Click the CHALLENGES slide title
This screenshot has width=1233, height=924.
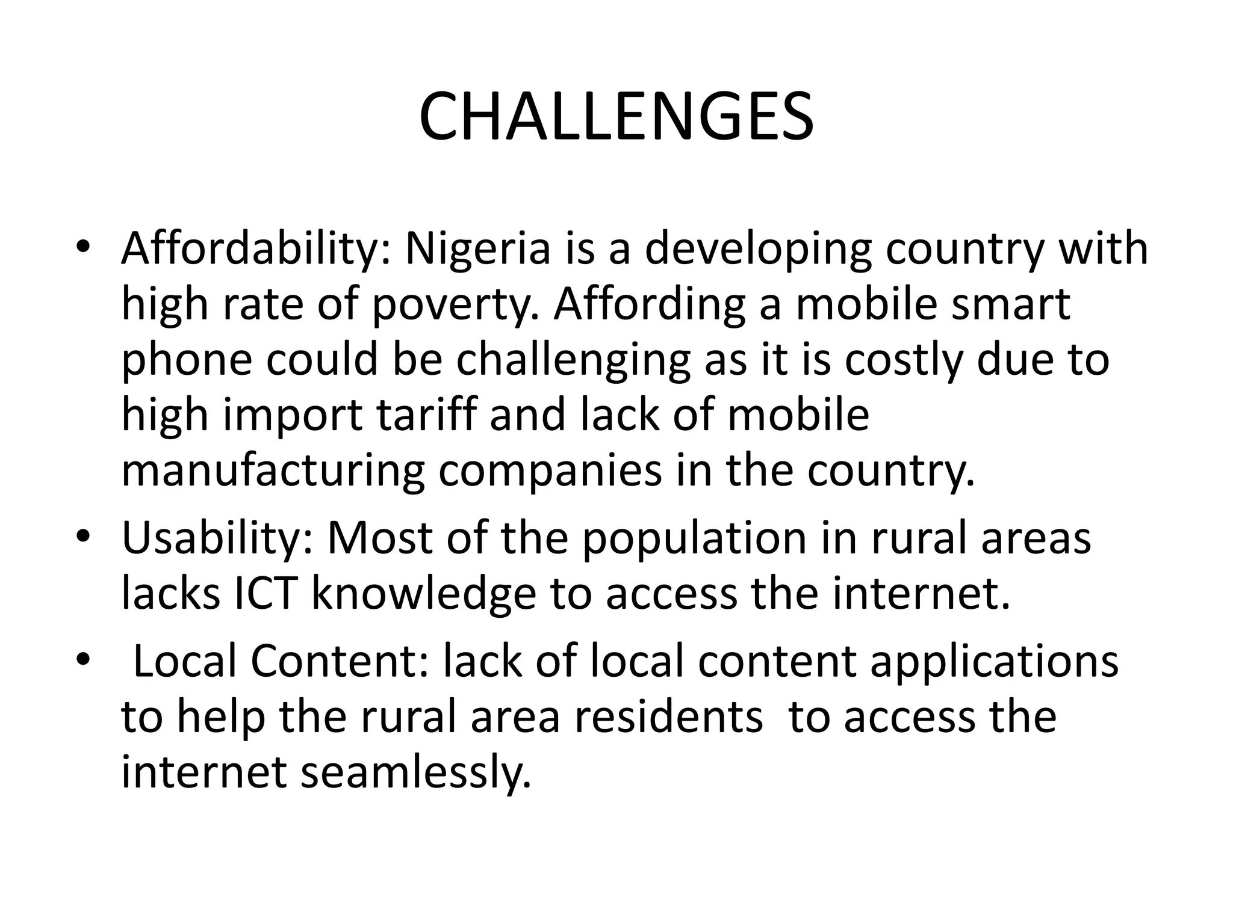click(616, 117)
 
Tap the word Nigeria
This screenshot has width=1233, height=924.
click(478, 248)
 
